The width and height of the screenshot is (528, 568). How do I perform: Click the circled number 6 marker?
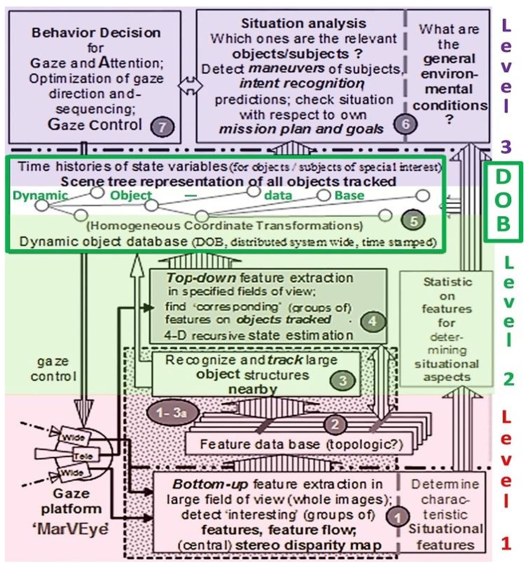point(405,124)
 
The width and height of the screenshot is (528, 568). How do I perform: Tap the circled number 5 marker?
point(413,220)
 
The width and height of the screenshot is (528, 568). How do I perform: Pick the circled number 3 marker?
point(343,380)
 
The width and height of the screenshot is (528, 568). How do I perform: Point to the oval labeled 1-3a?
point(172,413)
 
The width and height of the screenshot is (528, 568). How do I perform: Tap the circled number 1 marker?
point(397,517)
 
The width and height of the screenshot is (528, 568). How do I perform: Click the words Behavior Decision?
point(96,33)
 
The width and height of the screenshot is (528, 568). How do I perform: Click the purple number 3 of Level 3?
point(506,147)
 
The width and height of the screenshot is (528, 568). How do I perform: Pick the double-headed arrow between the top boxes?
point(190,85)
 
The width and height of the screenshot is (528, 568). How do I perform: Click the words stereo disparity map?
point(308,546)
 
